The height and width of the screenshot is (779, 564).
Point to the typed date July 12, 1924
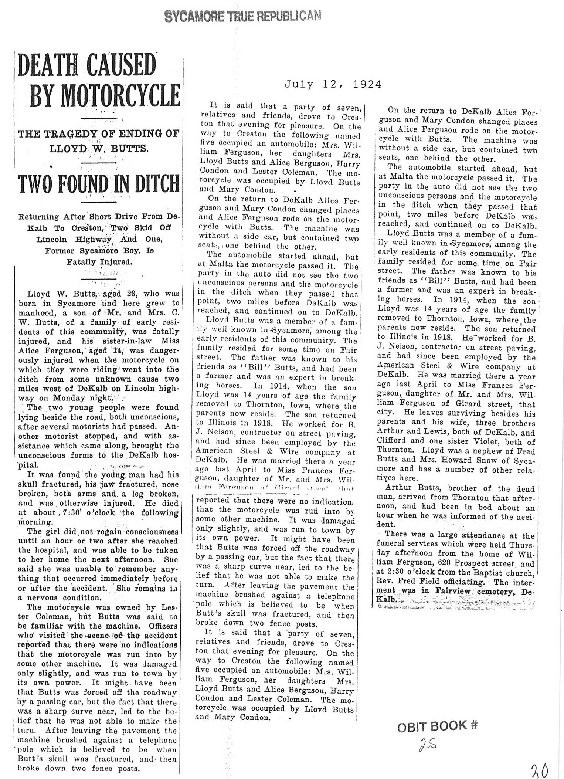click(333, 85)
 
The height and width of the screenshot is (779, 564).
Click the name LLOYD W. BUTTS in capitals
click(99, 149)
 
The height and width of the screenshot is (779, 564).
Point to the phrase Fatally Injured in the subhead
click(99, 262)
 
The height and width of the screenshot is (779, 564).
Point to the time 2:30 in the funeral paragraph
click(393, 573)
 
